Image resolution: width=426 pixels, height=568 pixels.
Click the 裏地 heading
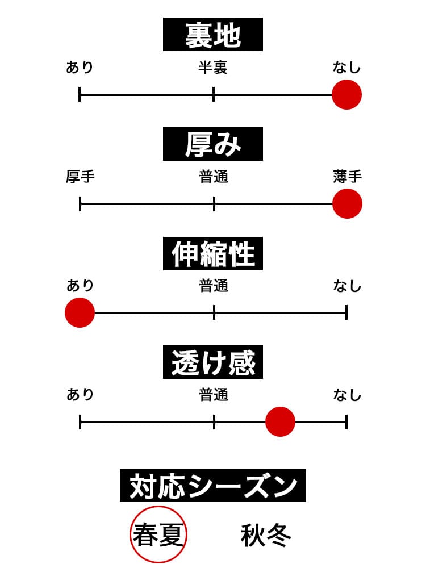coord(213,35)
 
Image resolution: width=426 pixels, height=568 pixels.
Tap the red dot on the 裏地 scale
coord(346,94)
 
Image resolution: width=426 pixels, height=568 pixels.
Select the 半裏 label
coord(213,69)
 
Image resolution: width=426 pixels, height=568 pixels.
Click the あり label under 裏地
coord(80,69)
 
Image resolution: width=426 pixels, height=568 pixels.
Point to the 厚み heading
coord(213,144)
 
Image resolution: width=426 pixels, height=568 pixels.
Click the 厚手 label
coord(80,177)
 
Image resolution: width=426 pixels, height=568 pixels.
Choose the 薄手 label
coord(347,177)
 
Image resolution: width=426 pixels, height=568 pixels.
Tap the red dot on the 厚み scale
coord(347,203)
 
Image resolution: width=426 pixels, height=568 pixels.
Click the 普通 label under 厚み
coord(214,177)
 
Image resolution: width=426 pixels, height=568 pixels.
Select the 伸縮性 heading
coord(213,254)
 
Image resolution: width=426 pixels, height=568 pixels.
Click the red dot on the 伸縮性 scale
coord(80,312)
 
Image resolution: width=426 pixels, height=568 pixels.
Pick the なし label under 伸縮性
coord(347,286)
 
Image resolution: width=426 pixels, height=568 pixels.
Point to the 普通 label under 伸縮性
coord(214,286)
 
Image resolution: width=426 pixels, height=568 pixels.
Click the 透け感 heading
coord(213,363)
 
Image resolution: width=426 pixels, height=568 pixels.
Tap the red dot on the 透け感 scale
coord(280,421)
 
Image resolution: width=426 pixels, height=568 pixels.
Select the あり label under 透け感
coord(80,395)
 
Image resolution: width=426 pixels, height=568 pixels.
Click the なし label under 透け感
coord(347,395)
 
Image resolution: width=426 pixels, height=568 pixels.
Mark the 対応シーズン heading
coord(213,486)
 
